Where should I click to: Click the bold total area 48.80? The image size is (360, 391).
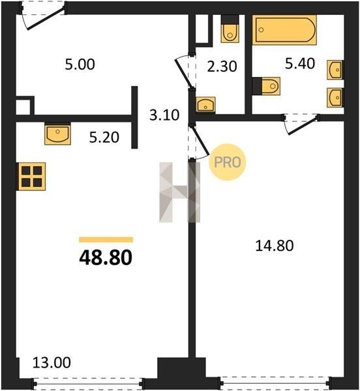(106, 257)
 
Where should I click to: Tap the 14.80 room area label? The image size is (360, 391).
(275, 246)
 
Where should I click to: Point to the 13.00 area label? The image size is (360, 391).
(52, 362)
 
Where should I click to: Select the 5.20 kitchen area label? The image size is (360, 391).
(104, 138)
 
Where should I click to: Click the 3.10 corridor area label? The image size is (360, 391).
(164, 115)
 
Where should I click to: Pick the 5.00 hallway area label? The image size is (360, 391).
(80, 65)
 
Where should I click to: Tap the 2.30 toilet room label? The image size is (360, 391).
(222, 66)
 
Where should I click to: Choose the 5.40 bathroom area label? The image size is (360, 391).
(300, 63)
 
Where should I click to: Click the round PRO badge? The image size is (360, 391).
(227, 162)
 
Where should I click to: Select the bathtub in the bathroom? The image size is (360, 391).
(284, 30)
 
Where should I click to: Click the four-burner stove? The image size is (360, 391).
(31, 177)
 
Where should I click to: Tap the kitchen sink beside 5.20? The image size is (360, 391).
(57, 134)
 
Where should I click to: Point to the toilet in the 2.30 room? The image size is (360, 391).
(230, 29)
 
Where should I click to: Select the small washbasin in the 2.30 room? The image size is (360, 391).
(205, 104)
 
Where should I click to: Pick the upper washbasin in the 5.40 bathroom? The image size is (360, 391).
(335, 70)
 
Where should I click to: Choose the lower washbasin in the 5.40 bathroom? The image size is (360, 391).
(335, 98)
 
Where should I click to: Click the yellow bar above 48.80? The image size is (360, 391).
(106, 240)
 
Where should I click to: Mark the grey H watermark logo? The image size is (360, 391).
(179, 192)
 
